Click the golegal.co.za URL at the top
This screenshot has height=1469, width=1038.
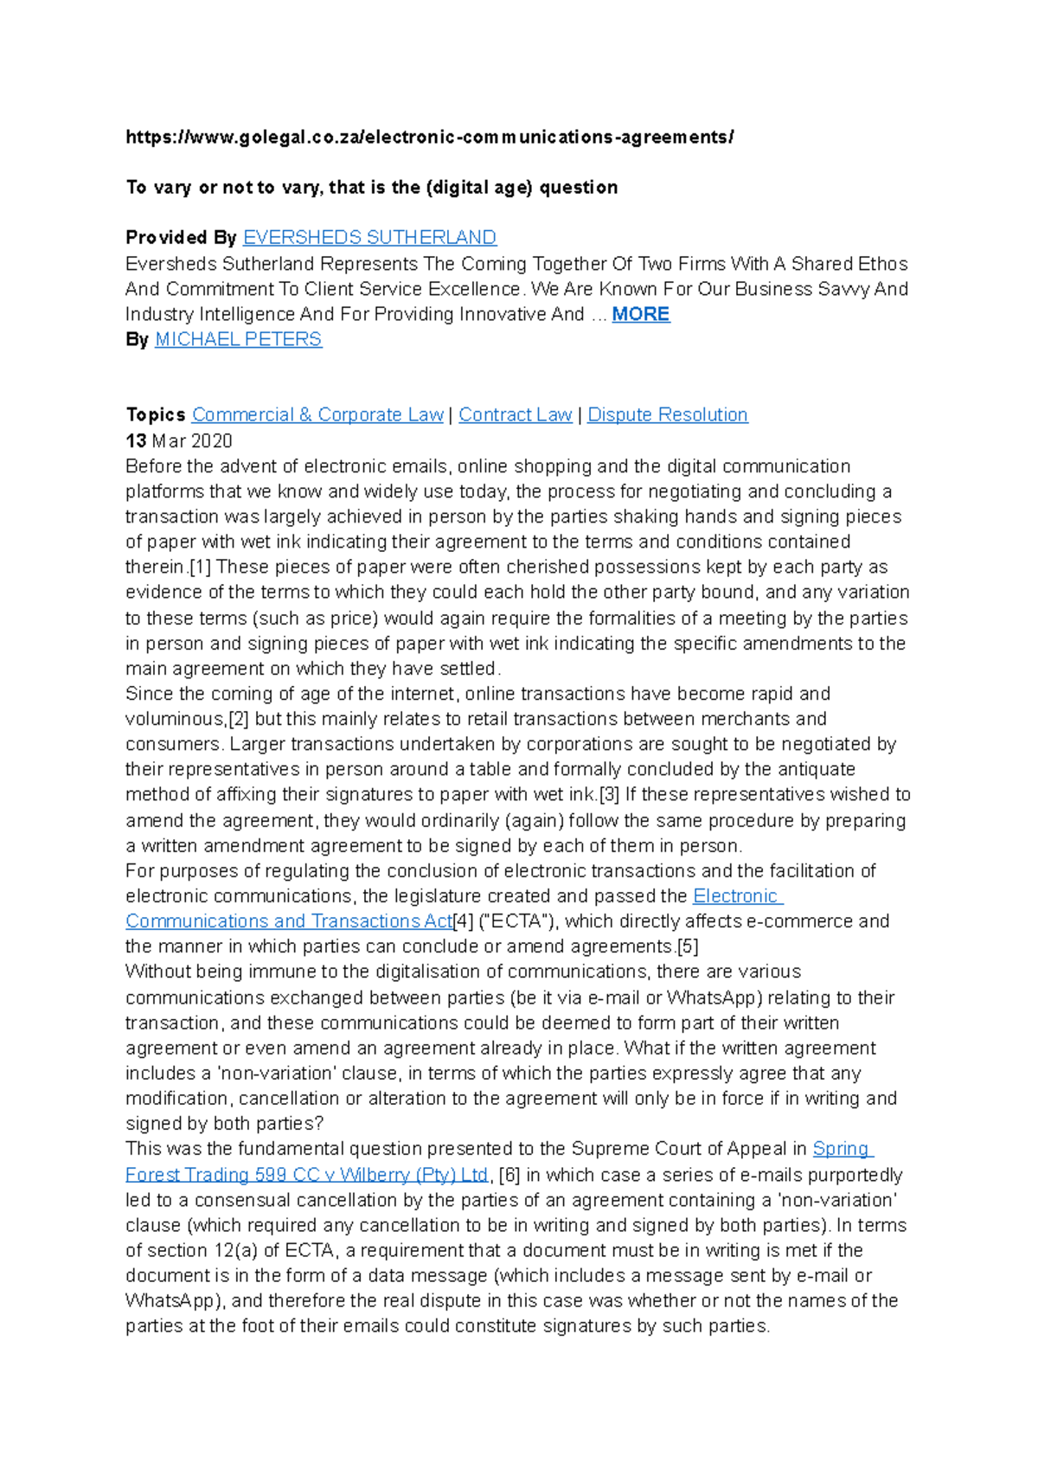coord(429,137)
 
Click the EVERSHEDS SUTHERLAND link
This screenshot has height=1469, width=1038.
coord(369,238)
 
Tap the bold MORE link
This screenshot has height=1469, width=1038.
coord(640,314)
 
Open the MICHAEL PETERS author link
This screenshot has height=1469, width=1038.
coord(238,339)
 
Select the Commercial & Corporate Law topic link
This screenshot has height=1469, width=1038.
coord(317,415)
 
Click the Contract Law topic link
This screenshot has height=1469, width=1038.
coord(515,415)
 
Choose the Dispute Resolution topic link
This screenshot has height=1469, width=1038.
coord(667,415)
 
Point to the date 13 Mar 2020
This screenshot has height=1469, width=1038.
coord(179,441)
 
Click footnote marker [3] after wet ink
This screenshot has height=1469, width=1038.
coord(609,794)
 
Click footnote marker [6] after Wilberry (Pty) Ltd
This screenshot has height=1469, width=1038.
coord(509,1175)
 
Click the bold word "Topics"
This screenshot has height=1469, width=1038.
coord(156,415)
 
